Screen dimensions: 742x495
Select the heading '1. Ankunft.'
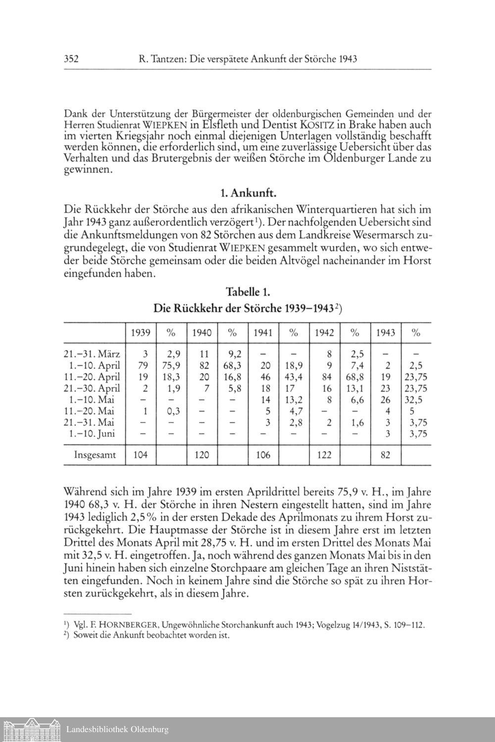[x=247, y=192]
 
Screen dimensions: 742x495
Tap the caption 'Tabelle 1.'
[x=247, y=291]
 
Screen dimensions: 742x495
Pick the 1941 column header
[x=263, y=333]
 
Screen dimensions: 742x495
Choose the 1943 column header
[x=386, y=333]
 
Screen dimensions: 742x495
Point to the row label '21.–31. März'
[x=93, y=355]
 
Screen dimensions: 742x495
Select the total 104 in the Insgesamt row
[x=141, y=455]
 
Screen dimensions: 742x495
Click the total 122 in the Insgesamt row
[x=324, y=455]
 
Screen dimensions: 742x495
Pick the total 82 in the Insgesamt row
[x=386, y=455]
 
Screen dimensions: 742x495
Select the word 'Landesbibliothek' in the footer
[x=97, y=729]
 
